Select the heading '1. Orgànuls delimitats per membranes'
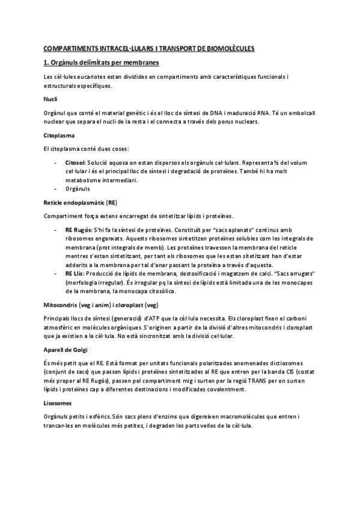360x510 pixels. click(x=102, y=63)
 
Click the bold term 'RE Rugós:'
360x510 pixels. click(x=78, y=230)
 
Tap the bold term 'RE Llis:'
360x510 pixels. click(x=76, y=274)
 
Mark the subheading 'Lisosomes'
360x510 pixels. click(x=57, y=404)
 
